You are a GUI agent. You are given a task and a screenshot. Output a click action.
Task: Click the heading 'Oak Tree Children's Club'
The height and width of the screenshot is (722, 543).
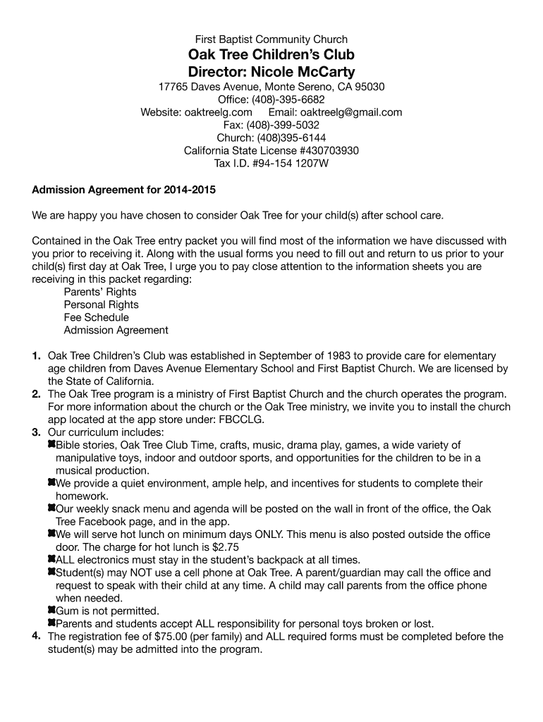[x=271, y=55]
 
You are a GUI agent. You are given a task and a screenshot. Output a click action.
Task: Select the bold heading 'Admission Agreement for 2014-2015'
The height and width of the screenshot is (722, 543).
[x=124, y=190]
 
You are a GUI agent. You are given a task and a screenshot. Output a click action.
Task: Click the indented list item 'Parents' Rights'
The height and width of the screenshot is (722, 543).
[x=100, y=292]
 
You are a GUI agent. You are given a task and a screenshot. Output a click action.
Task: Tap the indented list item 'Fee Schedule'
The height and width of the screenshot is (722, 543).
[x=97, y=317]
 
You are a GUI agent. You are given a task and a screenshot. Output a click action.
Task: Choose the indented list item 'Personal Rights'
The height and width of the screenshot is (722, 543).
[x=101, y=305]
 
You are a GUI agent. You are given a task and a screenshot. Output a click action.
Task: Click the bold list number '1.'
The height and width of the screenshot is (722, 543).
[x=36, y=356]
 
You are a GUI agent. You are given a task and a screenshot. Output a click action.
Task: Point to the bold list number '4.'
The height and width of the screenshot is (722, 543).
[x=36, y=637]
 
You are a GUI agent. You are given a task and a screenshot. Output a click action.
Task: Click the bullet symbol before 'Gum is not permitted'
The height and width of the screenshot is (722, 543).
[x=51, y=610]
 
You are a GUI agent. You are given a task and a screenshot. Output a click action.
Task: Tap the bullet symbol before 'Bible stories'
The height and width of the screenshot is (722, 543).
[x=51, y=445]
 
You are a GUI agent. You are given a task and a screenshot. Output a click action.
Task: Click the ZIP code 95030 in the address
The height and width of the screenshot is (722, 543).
[x=370, y=87]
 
